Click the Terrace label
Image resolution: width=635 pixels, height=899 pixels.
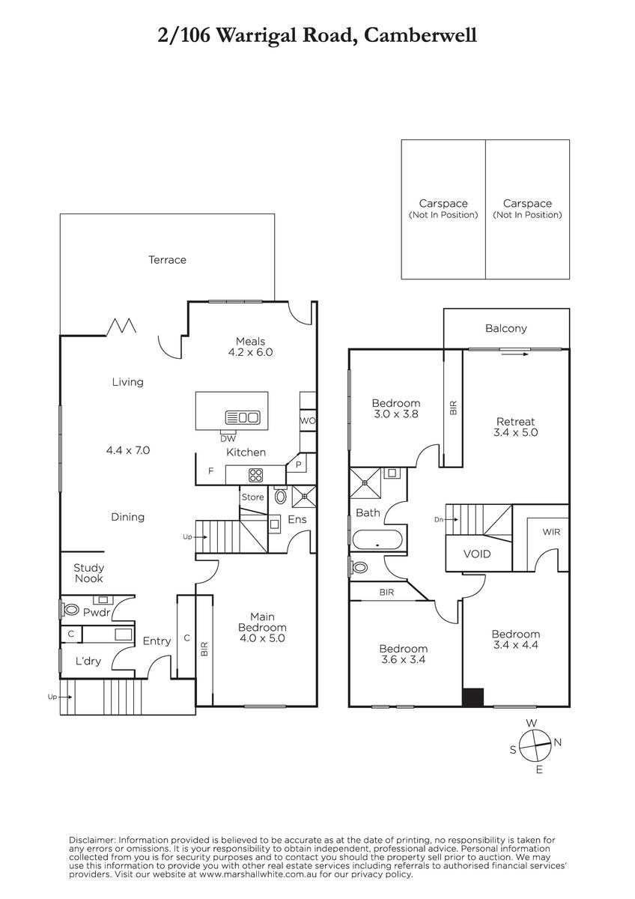point(167,260)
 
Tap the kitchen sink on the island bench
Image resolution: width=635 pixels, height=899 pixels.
point(243,417)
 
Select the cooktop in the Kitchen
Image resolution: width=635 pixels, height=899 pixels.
point(256,475)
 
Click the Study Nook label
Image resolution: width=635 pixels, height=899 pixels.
point(88,573)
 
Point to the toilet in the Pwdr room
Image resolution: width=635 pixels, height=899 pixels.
point(70,610)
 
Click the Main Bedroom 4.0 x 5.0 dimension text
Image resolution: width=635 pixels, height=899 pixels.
point(262,638)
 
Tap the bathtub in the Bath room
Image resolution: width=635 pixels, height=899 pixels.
point(377,540)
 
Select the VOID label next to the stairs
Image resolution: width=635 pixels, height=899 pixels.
point(477,554)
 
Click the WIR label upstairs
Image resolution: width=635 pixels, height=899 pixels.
point(551,532)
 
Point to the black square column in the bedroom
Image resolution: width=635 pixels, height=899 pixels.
point(473,697)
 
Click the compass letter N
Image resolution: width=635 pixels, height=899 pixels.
point(558,742)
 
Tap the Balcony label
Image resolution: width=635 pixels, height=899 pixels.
point(506,328)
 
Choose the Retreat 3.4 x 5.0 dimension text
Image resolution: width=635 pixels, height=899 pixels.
point(516,432)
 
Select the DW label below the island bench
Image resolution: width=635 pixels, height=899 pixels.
point(228,439)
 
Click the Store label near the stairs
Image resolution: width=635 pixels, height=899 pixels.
point(252,497)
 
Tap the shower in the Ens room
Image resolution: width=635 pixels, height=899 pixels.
point(304,497)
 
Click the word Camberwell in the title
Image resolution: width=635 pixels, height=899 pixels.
point(421,35)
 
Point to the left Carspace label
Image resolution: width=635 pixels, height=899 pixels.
point(443,204)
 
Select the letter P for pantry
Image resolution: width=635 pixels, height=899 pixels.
point(299,464)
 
